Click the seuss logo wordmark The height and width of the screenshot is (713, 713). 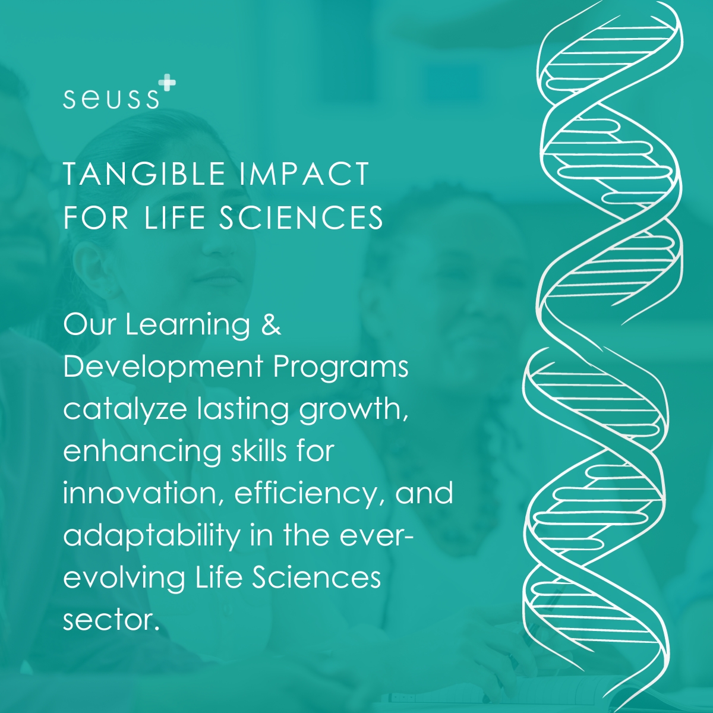(111, 99)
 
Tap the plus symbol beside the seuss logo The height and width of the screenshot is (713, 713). (167, 82)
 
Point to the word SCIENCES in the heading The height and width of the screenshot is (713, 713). (301, 217)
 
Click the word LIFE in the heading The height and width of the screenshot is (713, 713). (174, 217)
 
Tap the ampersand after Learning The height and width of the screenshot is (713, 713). (271, 324)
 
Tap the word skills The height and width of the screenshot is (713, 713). (258, 451)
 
